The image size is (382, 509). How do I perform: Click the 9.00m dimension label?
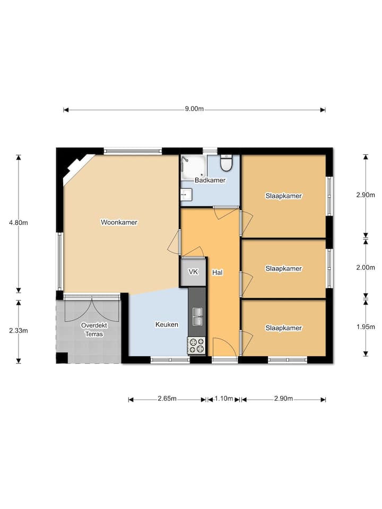194,109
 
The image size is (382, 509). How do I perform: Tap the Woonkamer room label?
119,222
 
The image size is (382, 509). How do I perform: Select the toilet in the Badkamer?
226,163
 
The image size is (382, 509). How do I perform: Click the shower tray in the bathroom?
194,167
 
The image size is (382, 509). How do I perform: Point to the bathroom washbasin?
186,195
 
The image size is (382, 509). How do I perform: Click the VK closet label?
193,271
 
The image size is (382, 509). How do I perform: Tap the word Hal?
218,273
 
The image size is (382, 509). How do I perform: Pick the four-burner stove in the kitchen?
196,345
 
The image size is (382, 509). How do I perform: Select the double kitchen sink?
197,317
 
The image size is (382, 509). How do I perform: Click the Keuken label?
167,324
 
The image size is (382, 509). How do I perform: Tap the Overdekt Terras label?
94,329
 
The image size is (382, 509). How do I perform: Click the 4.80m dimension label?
19,223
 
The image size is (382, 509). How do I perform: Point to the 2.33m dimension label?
19,330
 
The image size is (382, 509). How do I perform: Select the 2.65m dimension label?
167,398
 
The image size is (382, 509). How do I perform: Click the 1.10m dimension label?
224,398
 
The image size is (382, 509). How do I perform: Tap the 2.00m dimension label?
366,267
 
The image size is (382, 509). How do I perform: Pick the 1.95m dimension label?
366,327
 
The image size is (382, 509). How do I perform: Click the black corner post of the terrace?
62,357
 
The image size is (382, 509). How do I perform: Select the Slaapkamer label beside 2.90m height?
283,196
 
